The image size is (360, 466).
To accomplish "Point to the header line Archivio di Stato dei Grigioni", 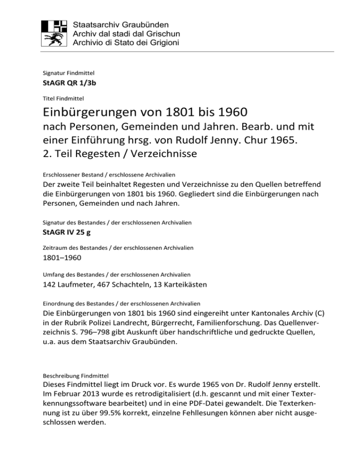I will [x=124, y=43].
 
